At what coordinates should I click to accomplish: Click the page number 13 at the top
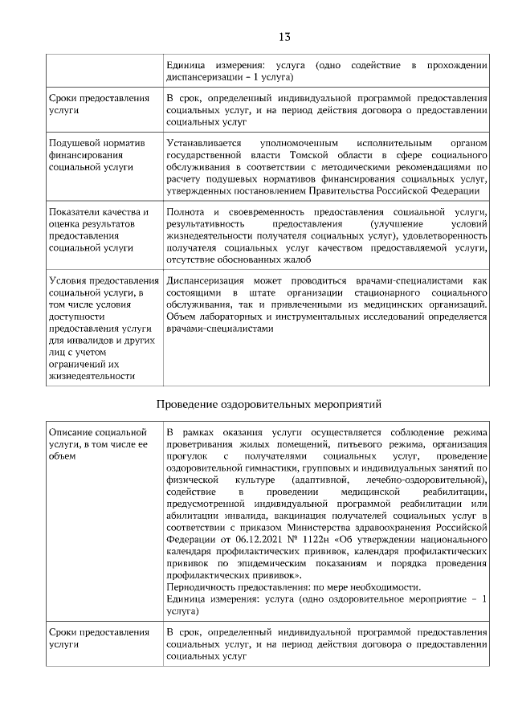pos(284,37)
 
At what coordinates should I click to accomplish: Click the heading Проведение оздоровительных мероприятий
pos(267,403)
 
